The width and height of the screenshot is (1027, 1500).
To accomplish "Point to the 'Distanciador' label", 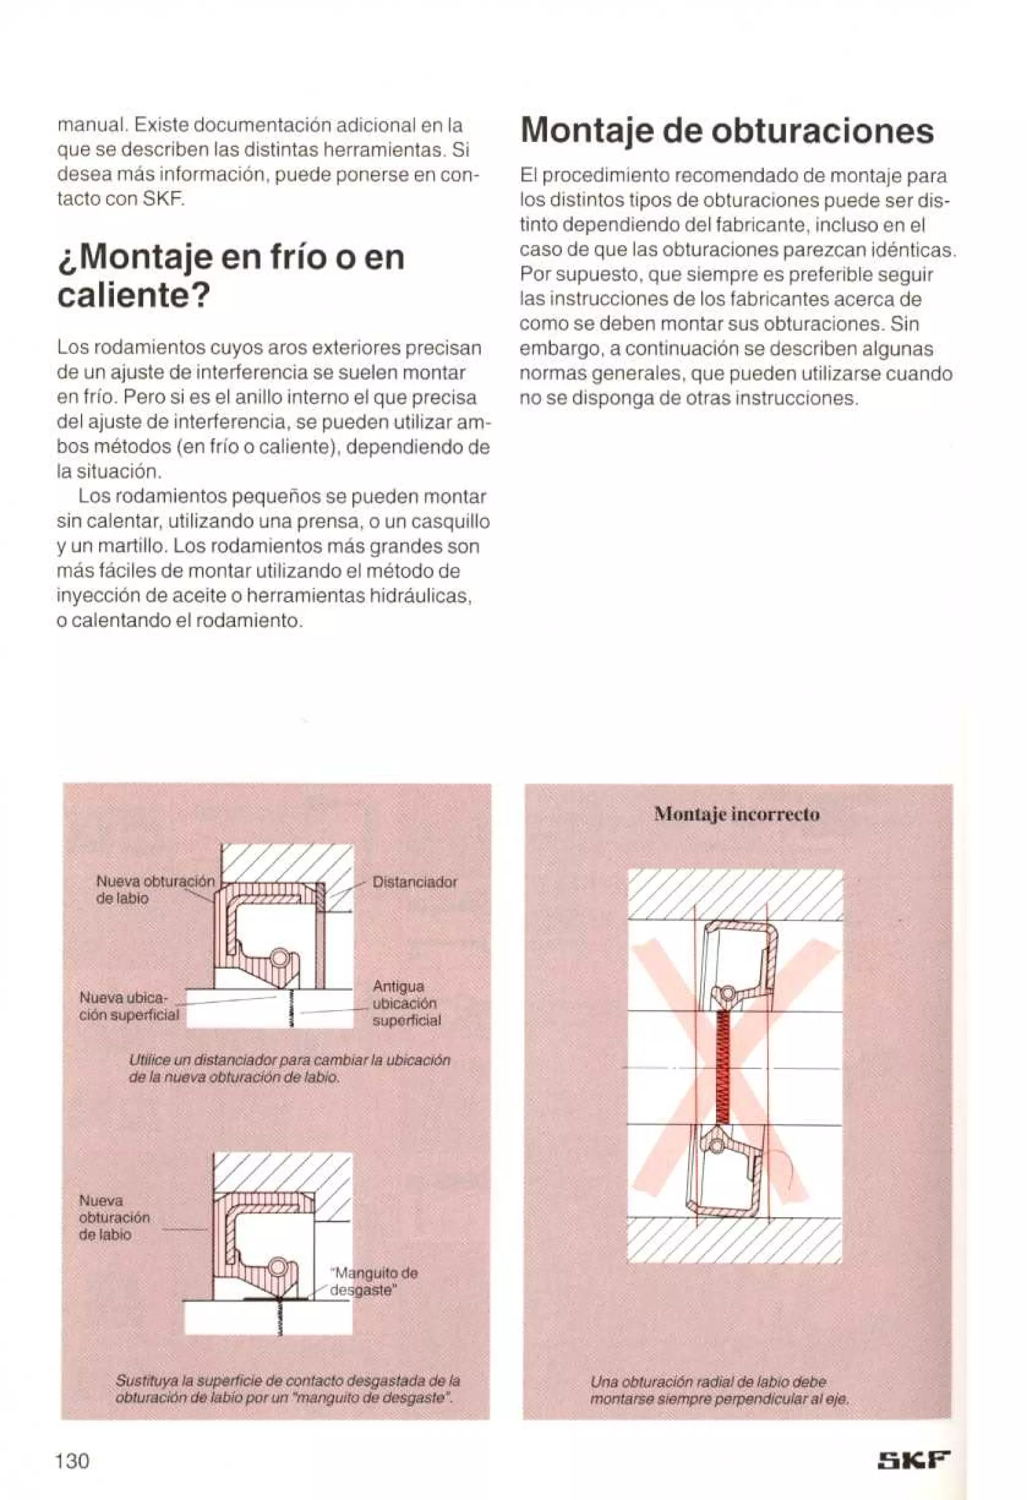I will (x=415, y=881).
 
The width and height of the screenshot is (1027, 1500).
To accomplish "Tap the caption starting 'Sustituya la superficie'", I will (x=287, y=1387).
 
